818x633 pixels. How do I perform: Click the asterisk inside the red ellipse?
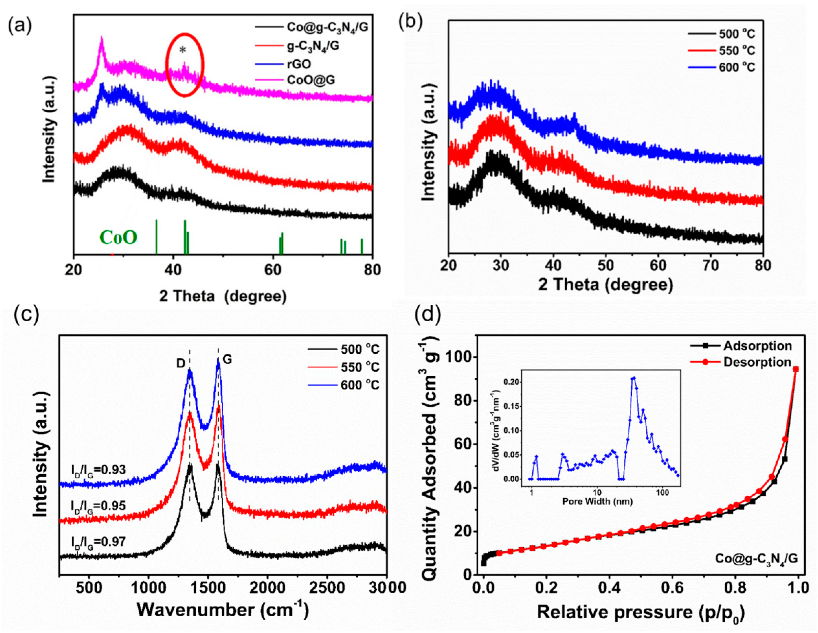[183, 51]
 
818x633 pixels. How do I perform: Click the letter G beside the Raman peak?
[227, 360]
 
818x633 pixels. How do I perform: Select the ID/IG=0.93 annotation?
[98, 470]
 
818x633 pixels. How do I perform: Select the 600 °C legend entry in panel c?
[360, 385]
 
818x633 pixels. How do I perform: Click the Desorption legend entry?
[757, 362]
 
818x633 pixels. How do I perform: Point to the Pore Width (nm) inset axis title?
[597, 501]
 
